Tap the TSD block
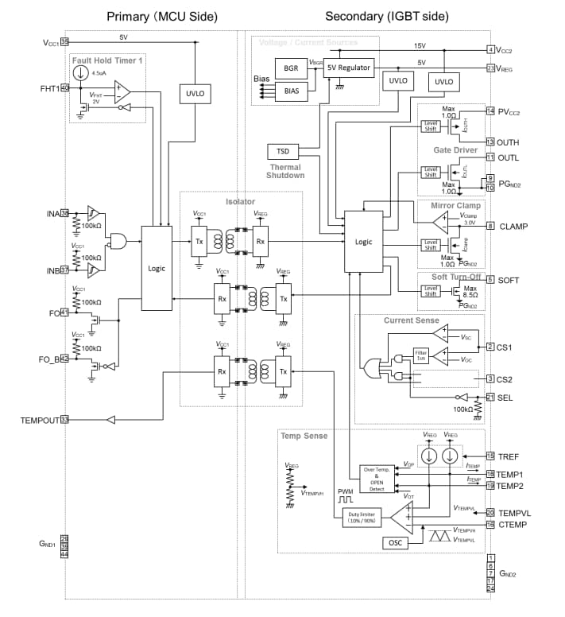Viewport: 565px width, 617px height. click(x=283, y=151)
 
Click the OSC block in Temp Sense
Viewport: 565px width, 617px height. click(x=395, y=542)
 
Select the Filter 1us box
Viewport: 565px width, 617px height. click(x=421, y=355)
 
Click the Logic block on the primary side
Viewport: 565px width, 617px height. click(x=157, y=268)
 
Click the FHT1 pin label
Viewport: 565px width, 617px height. click(x=47, y=87)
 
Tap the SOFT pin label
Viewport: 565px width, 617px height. click(x=509, y=280)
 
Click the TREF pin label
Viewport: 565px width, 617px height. click(x=510, y=456)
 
